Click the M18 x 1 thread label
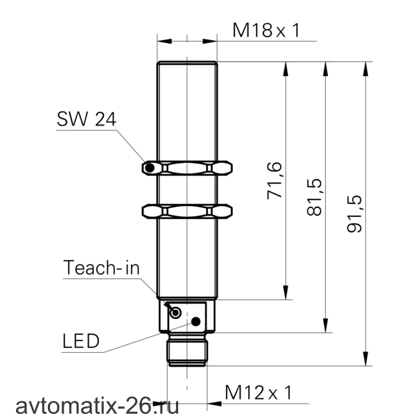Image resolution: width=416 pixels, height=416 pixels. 266,30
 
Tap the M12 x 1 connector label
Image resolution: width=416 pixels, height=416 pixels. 259,392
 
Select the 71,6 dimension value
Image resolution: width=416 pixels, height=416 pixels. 274,180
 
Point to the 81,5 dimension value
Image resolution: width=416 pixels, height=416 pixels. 314,198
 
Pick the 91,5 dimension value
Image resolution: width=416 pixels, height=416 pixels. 354,214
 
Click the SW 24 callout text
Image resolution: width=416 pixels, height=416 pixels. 87,119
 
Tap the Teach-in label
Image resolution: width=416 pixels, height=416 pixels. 101,267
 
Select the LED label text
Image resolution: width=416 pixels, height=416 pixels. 81,341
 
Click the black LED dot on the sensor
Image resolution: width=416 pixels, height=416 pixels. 196,322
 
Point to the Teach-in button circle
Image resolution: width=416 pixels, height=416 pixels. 175,313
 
